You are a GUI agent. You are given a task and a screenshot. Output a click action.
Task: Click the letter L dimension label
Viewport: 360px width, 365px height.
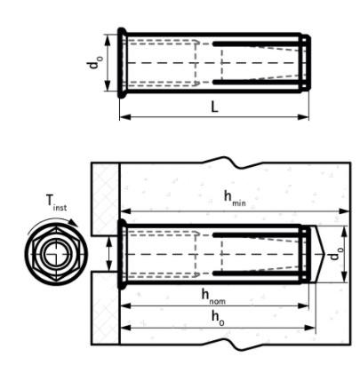214,107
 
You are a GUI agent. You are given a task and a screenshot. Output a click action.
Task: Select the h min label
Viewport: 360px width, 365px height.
235,198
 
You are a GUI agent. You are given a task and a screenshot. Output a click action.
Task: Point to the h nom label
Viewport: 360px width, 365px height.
213,297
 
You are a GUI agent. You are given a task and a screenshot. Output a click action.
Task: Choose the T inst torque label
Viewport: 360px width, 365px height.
56,202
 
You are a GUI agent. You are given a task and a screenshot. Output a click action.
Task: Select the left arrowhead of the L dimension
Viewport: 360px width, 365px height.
125,117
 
